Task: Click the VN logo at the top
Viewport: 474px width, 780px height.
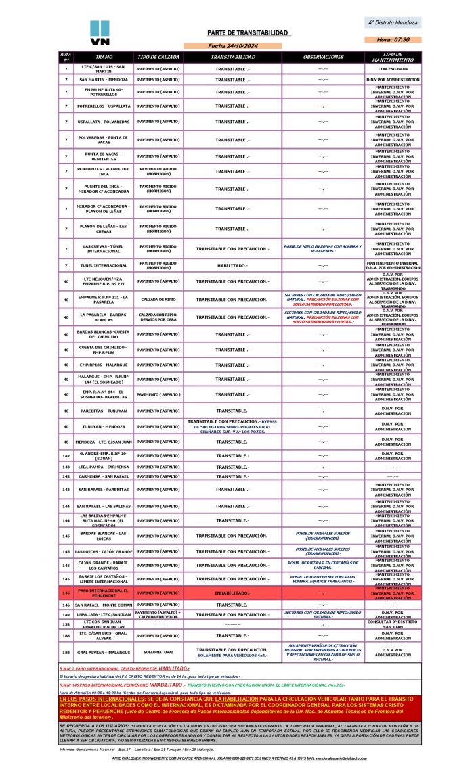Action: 100,33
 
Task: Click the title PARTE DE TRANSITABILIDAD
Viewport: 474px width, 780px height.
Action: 248,33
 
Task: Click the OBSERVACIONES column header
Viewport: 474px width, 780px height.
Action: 323,57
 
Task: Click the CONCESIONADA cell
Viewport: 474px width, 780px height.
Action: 393,68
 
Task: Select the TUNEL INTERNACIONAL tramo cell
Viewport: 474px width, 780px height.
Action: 104,265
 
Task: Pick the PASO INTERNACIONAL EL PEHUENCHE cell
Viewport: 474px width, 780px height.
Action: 104,593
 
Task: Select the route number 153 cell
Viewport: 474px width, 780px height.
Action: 66,624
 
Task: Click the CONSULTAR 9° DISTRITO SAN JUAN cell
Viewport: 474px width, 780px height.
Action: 393,624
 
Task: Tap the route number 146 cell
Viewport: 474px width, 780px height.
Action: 66,605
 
